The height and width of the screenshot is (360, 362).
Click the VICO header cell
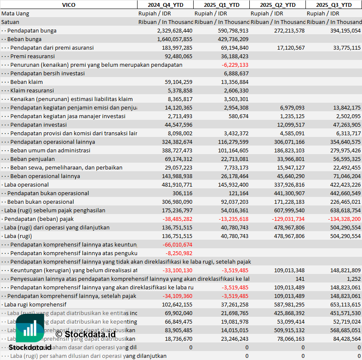pos(69,5)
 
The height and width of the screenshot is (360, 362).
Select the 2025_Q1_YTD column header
pos(221,5)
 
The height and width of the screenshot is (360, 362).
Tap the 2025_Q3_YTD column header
pos(334,5)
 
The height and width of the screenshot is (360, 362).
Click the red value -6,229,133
pos(235,65)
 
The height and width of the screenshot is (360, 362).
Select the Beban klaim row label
pos(27,82)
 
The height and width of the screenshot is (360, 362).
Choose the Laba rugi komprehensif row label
pos(35,304)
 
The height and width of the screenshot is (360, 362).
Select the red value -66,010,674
pos(177,244)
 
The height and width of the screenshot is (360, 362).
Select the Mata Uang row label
pos(15,13)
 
